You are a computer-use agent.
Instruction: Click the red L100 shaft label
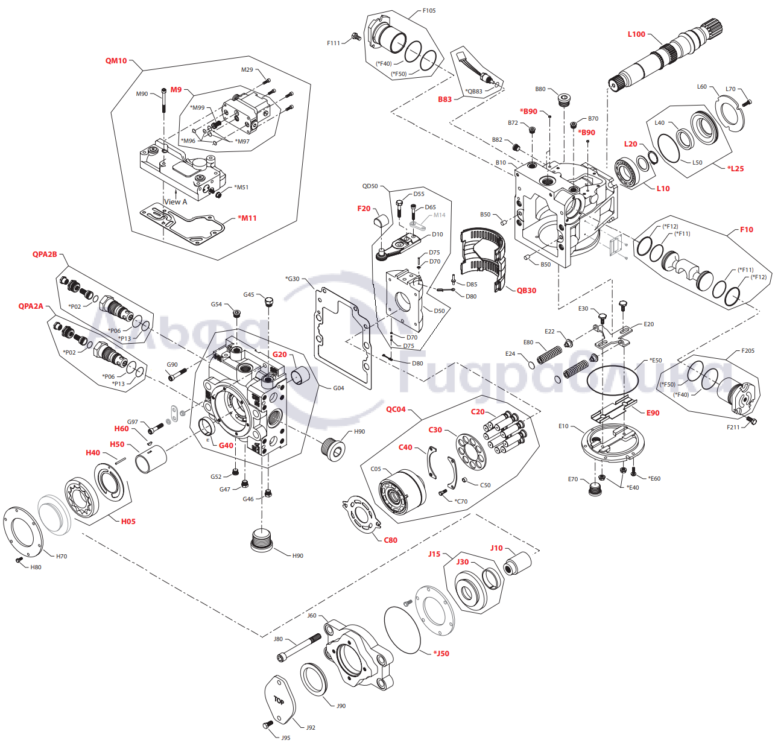(636, 34)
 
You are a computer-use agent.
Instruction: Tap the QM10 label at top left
(116, 61)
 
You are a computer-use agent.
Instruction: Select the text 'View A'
(176, 202)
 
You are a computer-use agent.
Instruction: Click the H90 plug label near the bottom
(297, 556)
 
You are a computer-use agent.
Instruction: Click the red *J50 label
(441, 654)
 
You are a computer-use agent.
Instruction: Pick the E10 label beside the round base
(563, 426)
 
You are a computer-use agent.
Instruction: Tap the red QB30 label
(526, 291)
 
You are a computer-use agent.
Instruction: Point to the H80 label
(36, 567)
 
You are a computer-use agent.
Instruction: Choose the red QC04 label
(396, 409)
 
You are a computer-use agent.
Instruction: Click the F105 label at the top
(429, 11)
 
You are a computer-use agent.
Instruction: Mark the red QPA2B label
(45, 254)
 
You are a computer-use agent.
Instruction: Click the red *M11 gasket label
(247, 218)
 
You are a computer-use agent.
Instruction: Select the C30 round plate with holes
(471, 451)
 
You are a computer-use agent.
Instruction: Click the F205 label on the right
(747, 351)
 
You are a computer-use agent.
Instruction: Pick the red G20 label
(279, 355)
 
